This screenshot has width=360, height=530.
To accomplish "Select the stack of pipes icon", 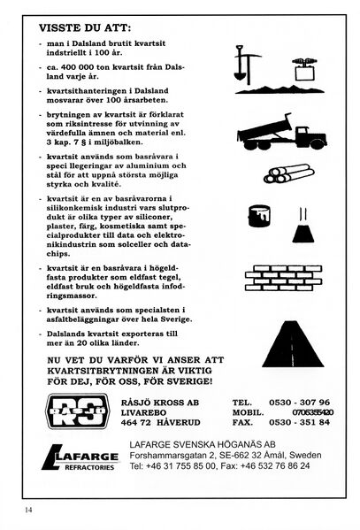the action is (x=287, y=173).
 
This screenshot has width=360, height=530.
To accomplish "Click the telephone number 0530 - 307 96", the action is (x=303, y=401).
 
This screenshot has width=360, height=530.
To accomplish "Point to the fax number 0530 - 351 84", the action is (x=303, y=422).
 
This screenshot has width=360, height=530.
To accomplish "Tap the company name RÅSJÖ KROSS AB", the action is (x=162, y=401).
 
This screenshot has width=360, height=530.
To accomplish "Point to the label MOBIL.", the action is (x=249, y=411).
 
